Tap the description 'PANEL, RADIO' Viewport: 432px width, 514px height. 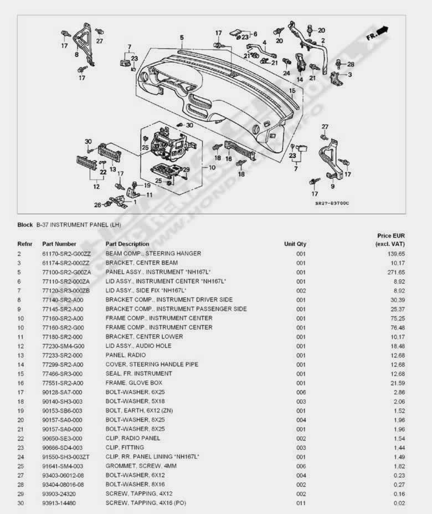[x=126, y=355]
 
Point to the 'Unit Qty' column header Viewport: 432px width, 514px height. [x=295, y=244]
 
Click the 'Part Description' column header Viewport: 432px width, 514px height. [x=127, y=244]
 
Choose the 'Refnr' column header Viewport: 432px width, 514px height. [x=25, y=244]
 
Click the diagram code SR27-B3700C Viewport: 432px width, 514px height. [x=332, y=203]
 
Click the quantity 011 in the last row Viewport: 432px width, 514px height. [x=301, y=503]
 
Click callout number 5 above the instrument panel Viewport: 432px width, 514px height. [x=181, y=38]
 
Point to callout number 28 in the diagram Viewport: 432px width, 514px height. [x=351, y=64]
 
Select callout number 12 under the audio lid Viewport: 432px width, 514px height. [x=96, y=186]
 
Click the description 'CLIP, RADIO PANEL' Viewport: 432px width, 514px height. [x=133, y=438]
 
